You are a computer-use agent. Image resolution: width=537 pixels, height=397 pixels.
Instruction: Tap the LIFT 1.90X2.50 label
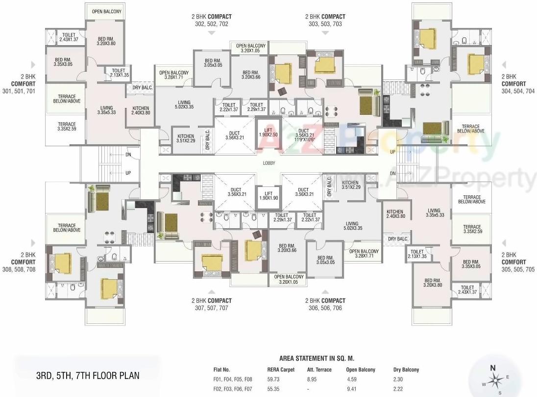(x=268, y=132)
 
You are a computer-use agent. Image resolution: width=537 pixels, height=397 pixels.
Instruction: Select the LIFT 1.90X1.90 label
(x=268, y=195)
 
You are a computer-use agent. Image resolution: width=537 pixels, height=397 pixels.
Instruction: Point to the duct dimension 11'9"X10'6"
(x=304, y=139)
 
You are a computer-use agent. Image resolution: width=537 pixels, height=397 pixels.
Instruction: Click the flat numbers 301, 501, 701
(x=18, y=92)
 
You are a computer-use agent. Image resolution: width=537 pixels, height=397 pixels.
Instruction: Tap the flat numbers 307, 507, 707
(x=211, y=308)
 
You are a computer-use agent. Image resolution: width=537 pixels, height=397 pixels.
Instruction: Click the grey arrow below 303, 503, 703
(x=325, y=33)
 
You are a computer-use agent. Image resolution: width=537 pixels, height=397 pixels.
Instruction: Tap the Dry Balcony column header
(x=406, y=370)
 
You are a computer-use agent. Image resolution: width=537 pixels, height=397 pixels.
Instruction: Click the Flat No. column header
(x=221, y=370)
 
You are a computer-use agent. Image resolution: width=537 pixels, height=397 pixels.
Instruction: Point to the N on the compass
(x=493, y=368)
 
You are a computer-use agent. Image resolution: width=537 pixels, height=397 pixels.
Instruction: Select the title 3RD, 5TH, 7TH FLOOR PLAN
(x=88, y=376)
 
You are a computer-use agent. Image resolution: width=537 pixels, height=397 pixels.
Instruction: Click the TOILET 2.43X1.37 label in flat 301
(x=69, y=37)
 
